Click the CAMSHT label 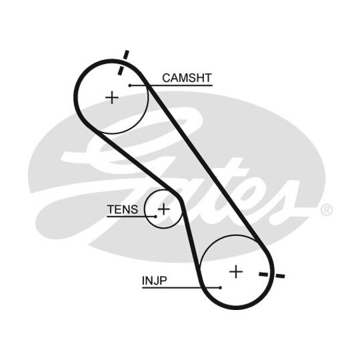187,78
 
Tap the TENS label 123,209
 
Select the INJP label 155,280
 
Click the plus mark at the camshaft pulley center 112,97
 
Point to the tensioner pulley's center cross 164,209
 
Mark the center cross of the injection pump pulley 236,272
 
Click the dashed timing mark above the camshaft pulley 123,63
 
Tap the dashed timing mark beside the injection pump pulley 272,275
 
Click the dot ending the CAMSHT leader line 130,85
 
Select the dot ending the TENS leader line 155,217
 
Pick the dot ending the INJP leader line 221,287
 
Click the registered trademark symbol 326,209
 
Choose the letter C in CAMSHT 167,78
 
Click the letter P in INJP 163,280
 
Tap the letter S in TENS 134,209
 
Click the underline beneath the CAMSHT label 171,85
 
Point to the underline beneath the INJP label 181,288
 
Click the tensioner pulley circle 145,209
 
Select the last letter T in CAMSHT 207,78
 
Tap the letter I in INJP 143,280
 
